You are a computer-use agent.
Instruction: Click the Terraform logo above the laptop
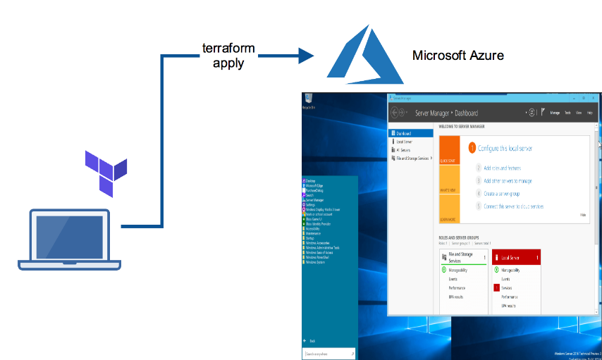pyautogui.click(x=106, y=172)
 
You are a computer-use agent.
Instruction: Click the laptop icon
pyautogui.click(x=69, y=239)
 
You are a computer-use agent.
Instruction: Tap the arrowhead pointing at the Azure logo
pyautogui.click(x=305, y=56)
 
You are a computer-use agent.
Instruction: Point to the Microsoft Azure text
pyautogui.click(x=457, y=56)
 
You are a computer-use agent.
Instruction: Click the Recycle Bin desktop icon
pyautogui.click(x=307, y=101)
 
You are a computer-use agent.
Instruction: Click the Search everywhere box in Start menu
pyautogui.click(x=328, y=354)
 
